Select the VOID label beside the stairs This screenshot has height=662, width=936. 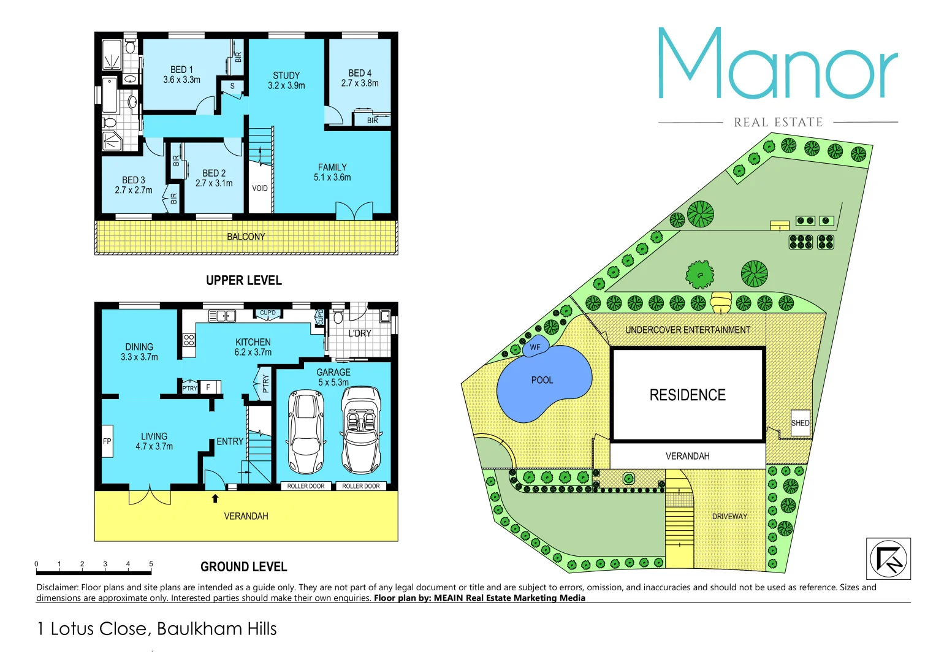click(x=260, y=188)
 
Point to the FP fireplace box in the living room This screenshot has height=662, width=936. click(x=107, y=441)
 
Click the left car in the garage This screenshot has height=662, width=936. click(x=305, y=432)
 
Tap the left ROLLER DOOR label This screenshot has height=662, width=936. click(x=306, y=486)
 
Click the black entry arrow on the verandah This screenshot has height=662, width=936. click(x=215, y=498)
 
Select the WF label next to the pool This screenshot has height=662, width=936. click(x=535, y=347)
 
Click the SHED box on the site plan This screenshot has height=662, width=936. click(x=800, y=423)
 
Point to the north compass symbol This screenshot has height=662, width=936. click(x=888, y=558)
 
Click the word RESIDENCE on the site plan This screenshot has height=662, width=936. click(x=687, y=395)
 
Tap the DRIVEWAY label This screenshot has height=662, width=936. click(x=729, y=517)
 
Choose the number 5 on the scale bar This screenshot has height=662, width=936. click(x=151, y=564)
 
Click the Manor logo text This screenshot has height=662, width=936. click(x=777, y=64)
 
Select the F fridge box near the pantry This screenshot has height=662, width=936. click(x=208, y=387)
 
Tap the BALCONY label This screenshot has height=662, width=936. click(x=246, y=237)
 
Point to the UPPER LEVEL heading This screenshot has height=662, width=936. click(x=243, y=280)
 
